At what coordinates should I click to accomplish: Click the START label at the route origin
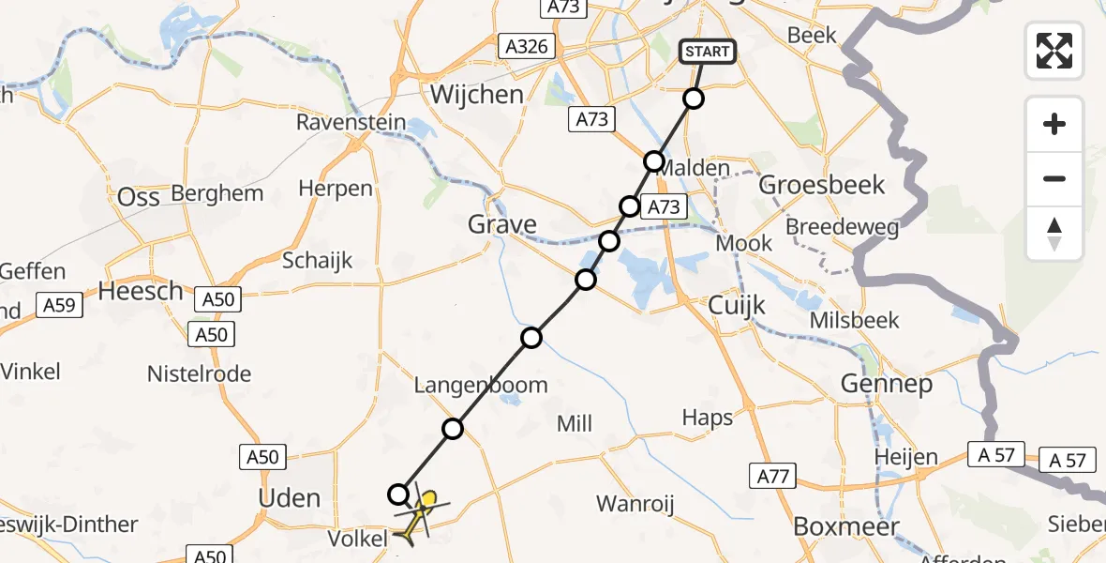click(708, 52)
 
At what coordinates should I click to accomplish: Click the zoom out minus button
click(1054, 178)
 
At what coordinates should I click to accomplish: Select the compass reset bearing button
click(1054, 234)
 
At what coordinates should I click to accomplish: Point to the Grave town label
click(503, 224)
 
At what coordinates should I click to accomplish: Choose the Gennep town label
click(886, 384)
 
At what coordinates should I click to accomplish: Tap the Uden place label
click(289, 497)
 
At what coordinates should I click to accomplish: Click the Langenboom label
click(481, 385)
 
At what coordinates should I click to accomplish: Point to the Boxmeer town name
click(846, 526)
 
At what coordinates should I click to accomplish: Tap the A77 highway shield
click(773, 477)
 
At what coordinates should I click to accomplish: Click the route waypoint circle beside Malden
click(654, 161)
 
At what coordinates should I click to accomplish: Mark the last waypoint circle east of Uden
click(398, 495)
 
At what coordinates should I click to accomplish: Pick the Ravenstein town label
click(351, 122)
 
